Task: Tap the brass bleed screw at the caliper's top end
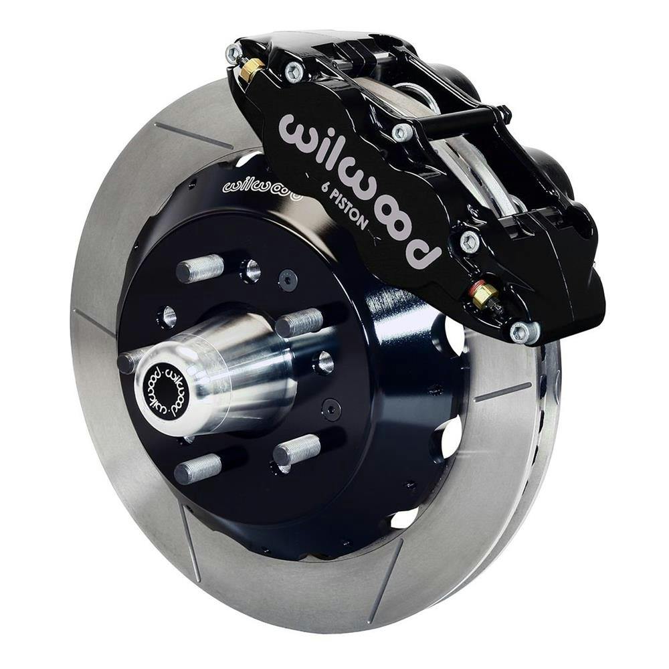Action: pyautogui.click(x=251, y=69)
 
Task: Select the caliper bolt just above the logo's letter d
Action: pyautogui.click(x=470, y=240)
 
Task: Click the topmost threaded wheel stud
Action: pyautogui.click(x=199, y=268)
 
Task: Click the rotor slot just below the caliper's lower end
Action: pyautogui.click(x=502, y=392)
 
